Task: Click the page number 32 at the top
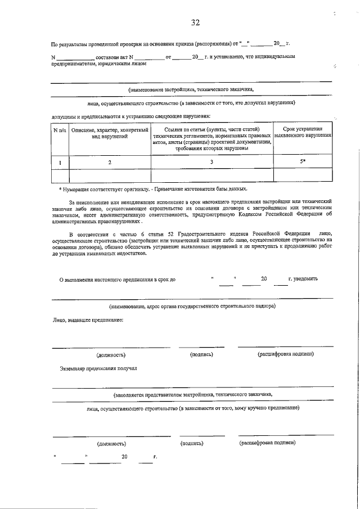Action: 195,22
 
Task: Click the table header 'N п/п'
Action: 60,130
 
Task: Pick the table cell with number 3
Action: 211,162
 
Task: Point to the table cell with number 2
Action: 110,162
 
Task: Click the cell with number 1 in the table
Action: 60,162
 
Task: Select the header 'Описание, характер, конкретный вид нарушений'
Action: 110,133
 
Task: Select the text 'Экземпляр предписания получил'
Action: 98,369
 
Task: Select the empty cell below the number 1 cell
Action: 60,175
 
